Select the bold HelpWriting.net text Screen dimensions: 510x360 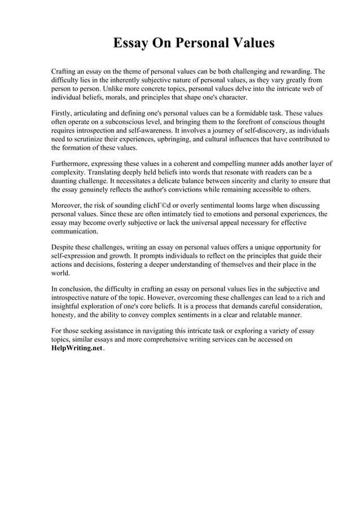[77, 348]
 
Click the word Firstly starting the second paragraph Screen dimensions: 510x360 [64, 112]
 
